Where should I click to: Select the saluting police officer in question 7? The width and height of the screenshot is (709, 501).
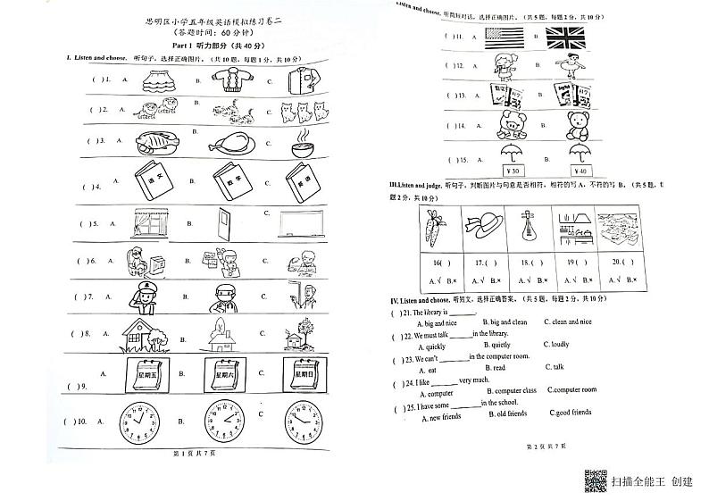(x=146, y=297)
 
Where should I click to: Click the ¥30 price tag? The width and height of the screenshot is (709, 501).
(x=513, y=171)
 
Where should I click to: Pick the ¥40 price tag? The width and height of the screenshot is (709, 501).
(x=580, y=171)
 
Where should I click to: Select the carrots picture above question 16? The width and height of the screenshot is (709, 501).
(x=439, y=230)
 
